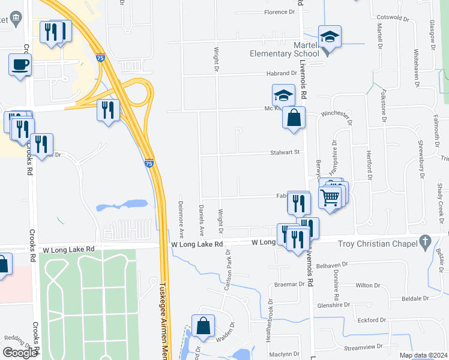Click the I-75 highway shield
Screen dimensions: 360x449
click(148, 163)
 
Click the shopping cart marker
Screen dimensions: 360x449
click(331, 196)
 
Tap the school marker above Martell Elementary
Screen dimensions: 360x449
click(330, 37)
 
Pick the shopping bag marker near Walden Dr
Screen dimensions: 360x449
click(204, 326)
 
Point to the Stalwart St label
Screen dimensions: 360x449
click(288, 152)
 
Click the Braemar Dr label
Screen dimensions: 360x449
click(286, 284)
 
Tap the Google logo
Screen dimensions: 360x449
click(20, 353)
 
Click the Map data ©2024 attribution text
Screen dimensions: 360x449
click(423, 355)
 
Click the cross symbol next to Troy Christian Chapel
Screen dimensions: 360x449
click(425, 242)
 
